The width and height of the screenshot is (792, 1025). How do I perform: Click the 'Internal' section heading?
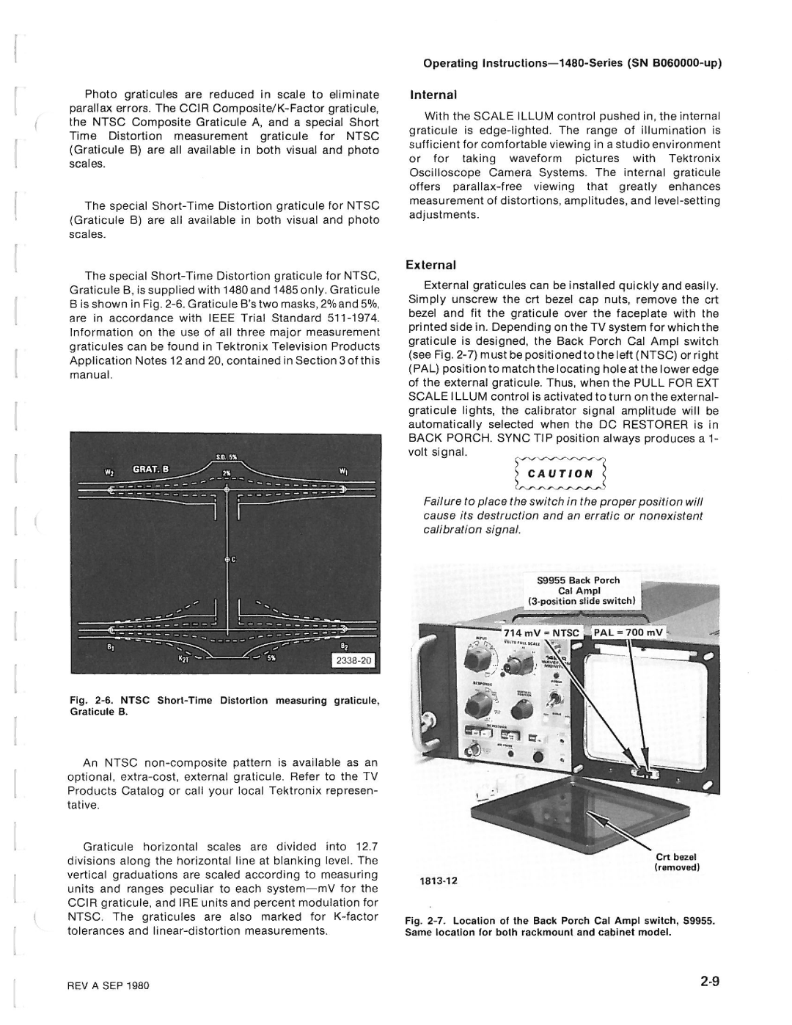click(433, 95)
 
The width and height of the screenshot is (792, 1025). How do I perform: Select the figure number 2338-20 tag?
click(356, 660)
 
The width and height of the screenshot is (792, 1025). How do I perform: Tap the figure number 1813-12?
click(439, 880)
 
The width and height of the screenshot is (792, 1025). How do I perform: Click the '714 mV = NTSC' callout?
click(540, 632)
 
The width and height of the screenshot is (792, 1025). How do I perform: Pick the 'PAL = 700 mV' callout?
click(628, 632)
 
